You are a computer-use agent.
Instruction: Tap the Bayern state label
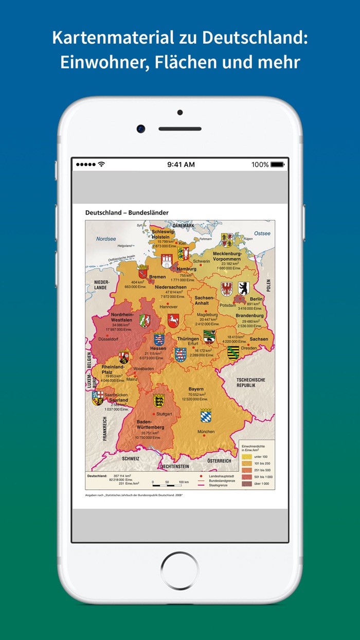point(196,389)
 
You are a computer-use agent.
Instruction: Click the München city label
point(206,432)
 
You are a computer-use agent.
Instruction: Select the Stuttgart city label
point(164,414)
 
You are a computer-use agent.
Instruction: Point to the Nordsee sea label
point(106,239)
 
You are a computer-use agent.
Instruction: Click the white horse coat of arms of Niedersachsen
point(173,321)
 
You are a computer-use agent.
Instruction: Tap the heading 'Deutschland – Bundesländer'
point(127,212)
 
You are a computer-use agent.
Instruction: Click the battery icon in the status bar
point(277,165)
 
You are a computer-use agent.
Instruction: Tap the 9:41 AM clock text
point(181,165)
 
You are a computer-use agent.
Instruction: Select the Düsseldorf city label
point(109,340)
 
